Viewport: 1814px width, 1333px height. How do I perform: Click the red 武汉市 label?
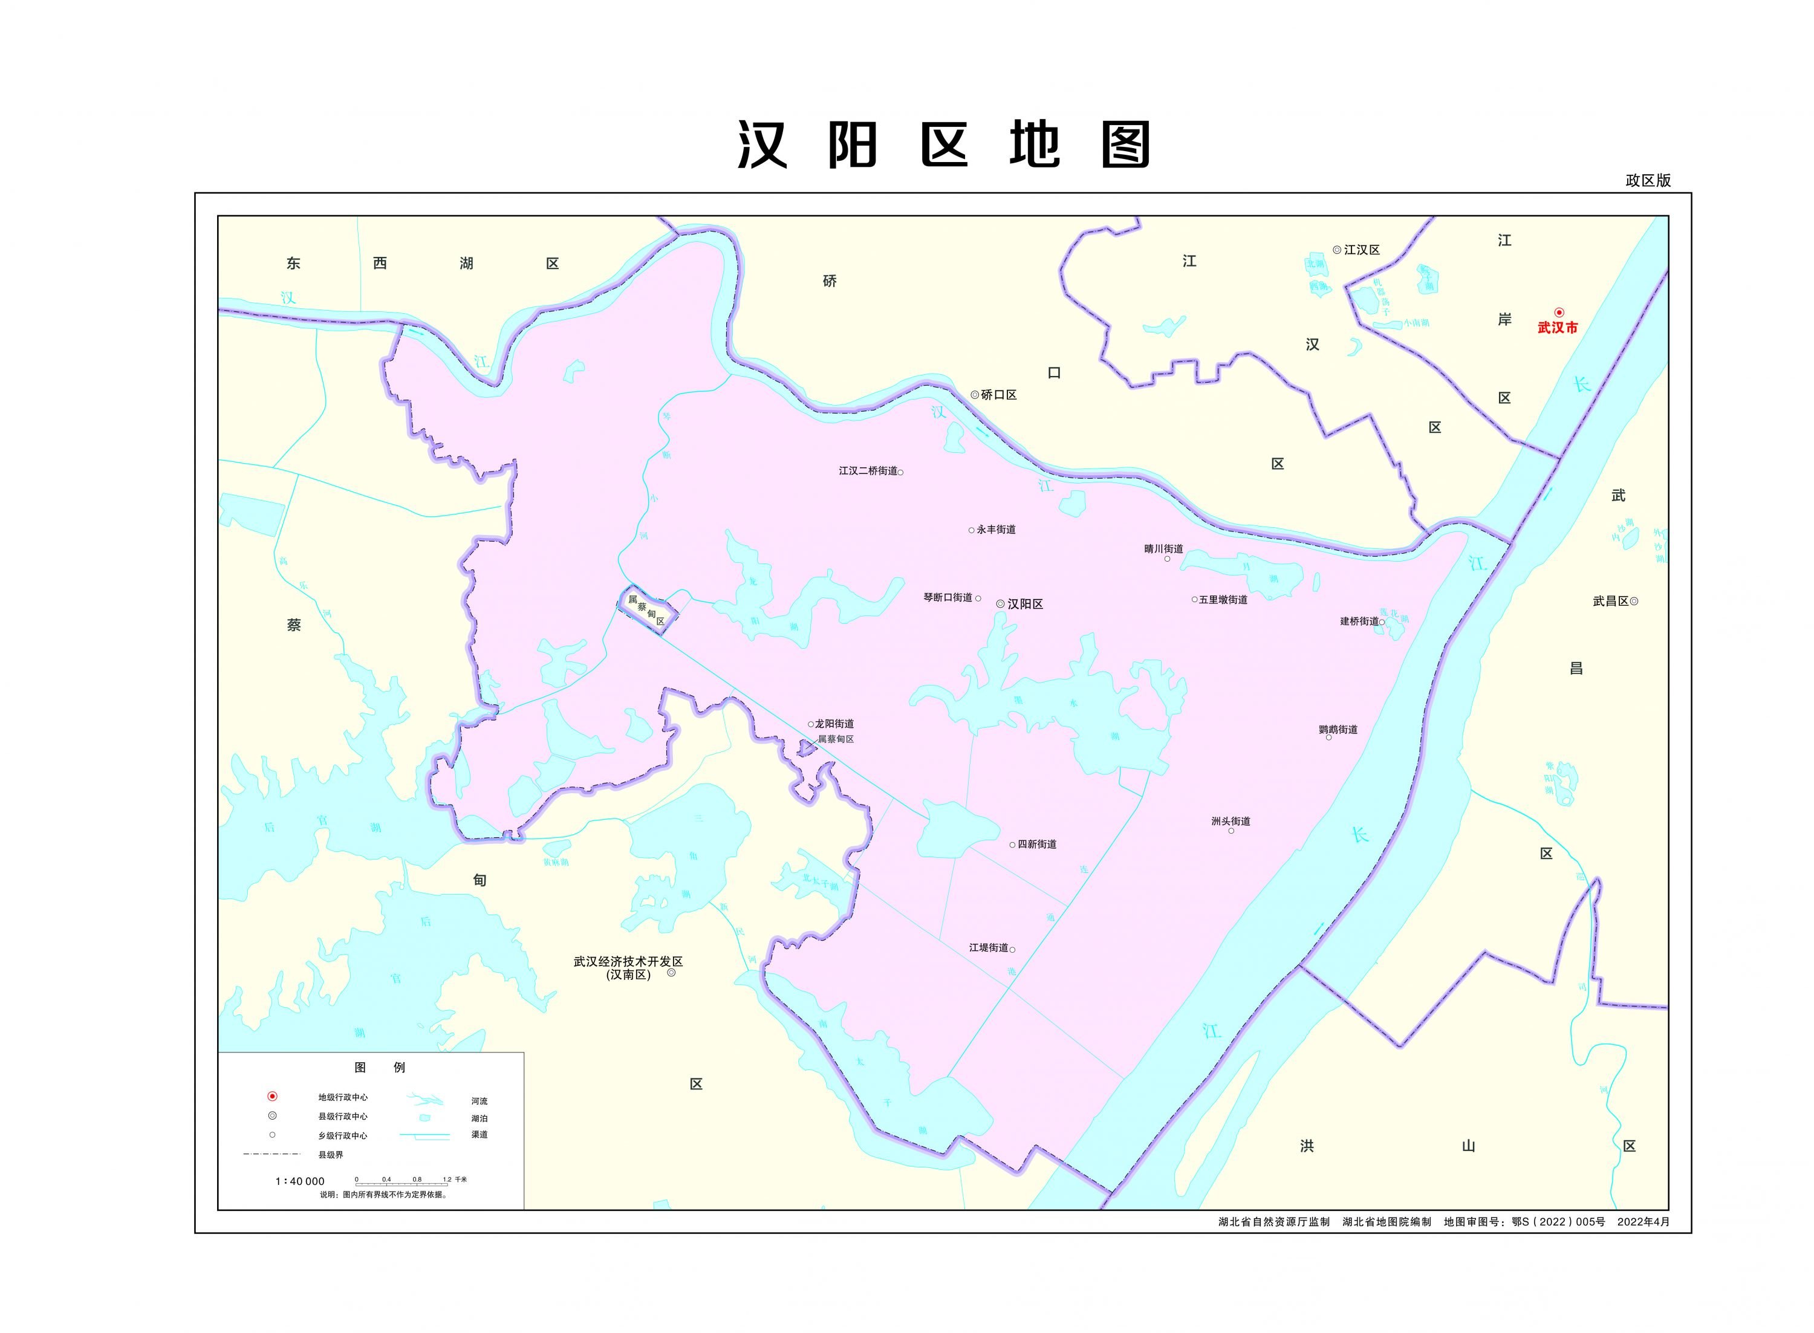point(1556,328)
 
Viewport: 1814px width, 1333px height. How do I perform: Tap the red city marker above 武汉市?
point(1559,313)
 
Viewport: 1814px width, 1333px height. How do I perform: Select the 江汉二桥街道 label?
point(868,470)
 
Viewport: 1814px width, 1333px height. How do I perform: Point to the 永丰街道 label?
point(996,530)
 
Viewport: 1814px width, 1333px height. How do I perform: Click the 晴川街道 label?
point(1163,549)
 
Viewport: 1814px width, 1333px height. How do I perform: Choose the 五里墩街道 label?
point(1223,600)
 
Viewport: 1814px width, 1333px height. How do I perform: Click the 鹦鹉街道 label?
point(1338,730)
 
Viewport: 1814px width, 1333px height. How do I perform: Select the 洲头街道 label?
point(1230,822)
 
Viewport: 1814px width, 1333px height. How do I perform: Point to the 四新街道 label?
point(1037,844)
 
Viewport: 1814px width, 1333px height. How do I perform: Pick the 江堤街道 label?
point(989,947)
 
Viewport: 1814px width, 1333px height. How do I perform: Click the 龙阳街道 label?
point(834,724)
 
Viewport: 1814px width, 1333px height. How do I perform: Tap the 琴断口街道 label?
point(948,598)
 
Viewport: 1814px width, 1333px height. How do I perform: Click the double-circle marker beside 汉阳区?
point(1001,603)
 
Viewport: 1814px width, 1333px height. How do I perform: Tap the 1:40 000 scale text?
point(299,1181)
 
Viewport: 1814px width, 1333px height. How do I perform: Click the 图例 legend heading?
point(379,1067)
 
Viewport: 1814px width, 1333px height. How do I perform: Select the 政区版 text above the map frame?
point(1647,181)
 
